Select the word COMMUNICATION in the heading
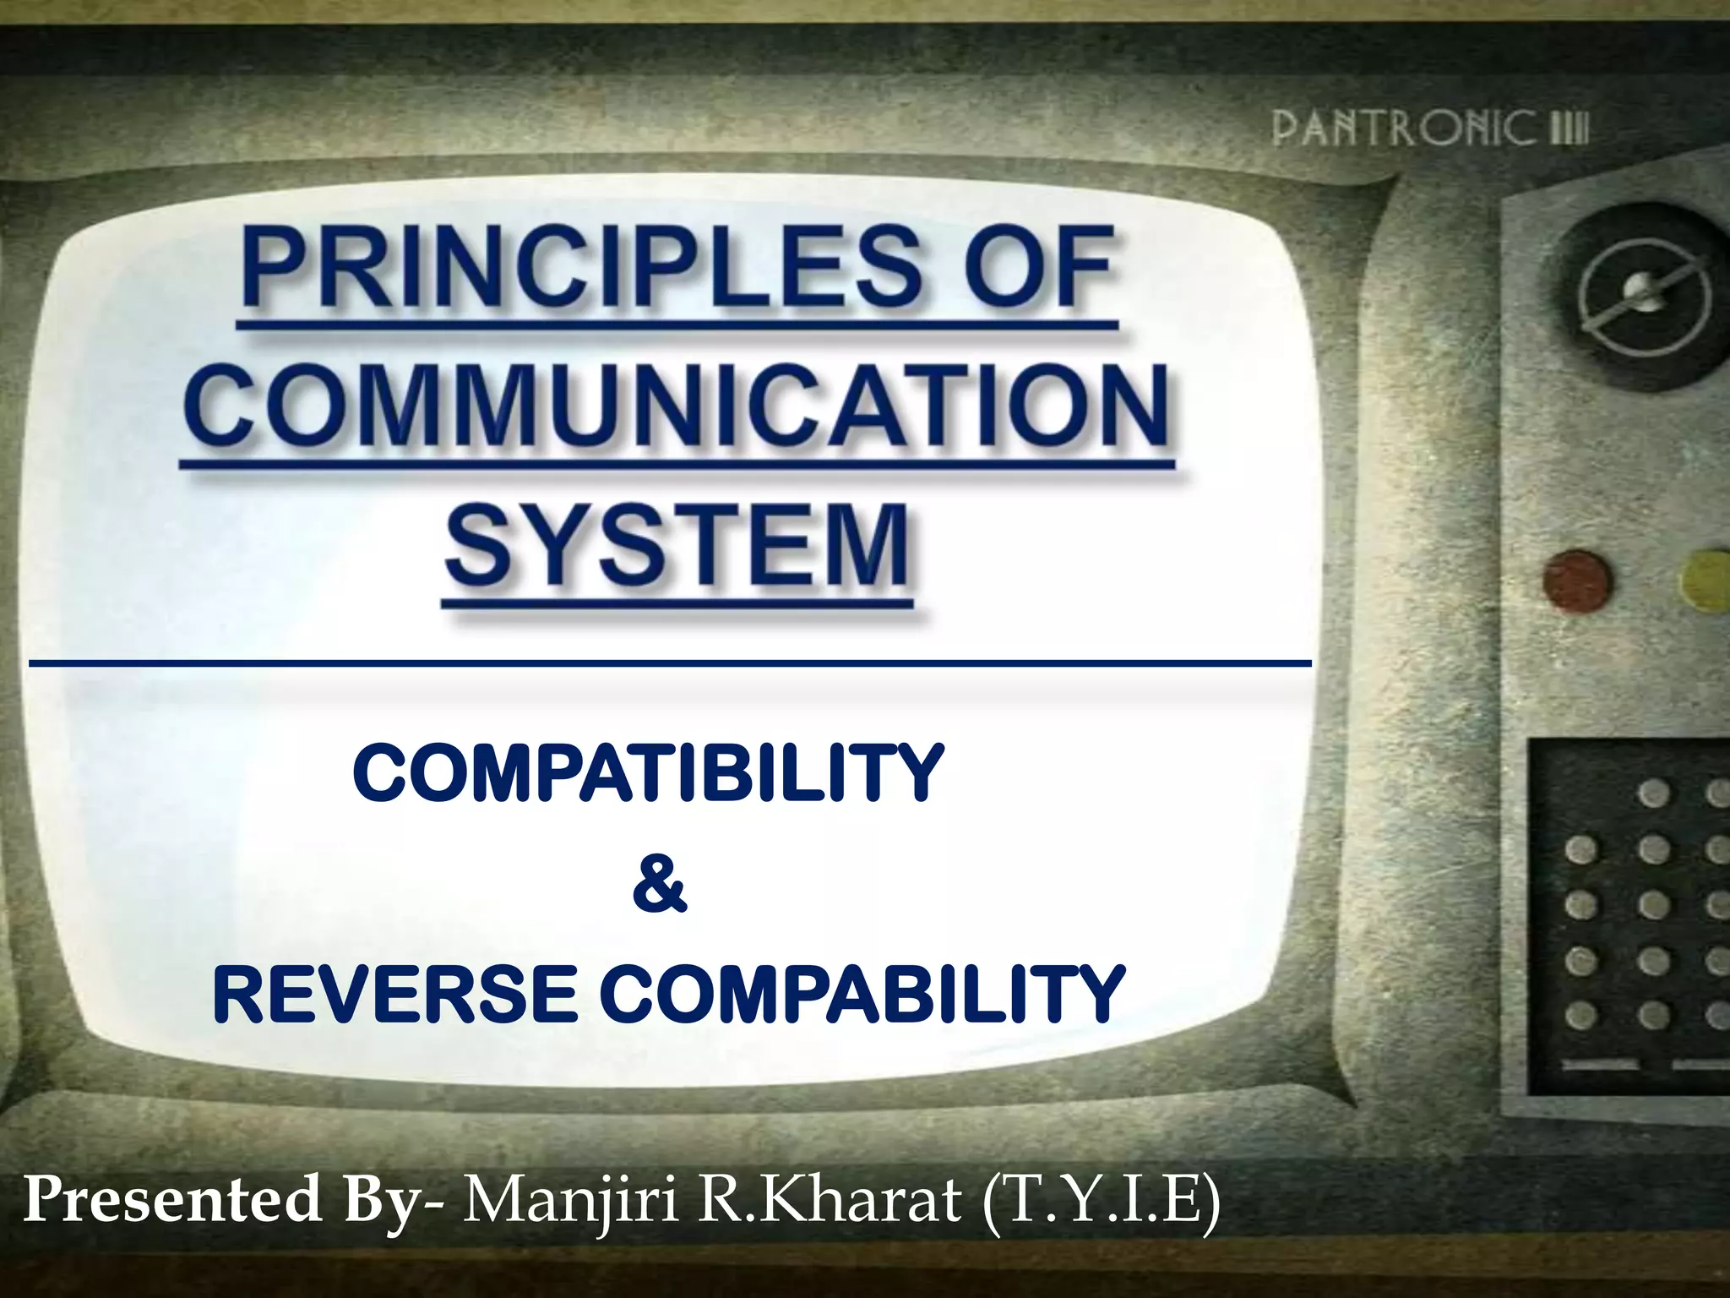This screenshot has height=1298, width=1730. pyautogui.click(x=676, y=407)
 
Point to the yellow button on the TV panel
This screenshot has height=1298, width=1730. pyautogui.click(x=1706, y=575)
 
